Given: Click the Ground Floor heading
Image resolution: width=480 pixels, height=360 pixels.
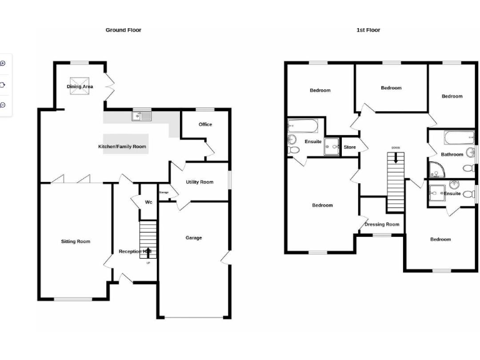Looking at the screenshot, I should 123,30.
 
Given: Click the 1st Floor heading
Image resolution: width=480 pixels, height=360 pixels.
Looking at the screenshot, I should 368,30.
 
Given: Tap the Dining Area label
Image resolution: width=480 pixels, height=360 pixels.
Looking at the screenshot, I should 80,87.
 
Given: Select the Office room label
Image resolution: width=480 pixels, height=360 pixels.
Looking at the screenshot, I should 205,124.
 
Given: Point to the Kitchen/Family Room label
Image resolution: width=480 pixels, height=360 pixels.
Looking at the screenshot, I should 122,147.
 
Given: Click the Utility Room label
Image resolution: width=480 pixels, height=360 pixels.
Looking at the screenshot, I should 199,182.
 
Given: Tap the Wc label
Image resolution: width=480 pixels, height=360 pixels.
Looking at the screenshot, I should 148,202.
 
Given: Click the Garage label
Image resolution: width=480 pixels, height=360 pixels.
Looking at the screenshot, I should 193,237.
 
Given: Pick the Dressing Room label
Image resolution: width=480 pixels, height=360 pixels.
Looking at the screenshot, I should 382,224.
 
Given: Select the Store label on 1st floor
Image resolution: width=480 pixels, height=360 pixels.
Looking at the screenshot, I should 349,147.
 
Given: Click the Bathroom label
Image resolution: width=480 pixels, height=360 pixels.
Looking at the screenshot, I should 452,154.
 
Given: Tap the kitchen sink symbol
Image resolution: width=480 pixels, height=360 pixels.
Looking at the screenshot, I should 142,116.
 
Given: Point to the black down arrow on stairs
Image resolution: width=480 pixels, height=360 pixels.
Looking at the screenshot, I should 395,159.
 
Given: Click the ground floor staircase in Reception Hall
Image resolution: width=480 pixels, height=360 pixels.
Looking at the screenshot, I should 147,237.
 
